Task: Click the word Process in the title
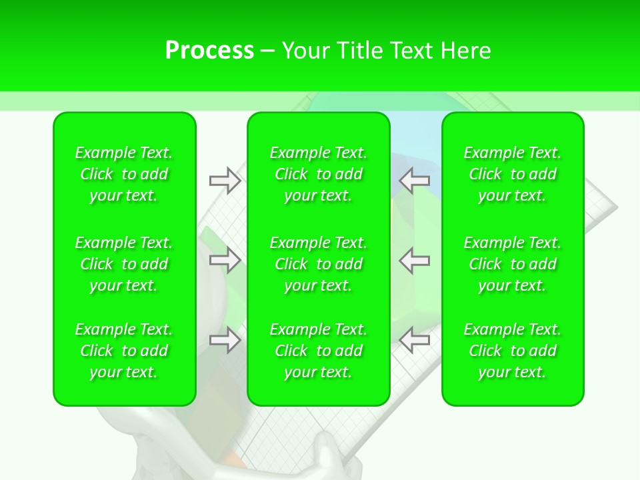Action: (209, 51)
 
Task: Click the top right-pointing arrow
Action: (225, 181)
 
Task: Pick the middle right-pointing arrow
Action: (225, 260)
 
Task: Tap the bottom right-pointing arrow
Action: (225, 340)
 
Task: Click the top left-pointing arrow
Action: (415, 181)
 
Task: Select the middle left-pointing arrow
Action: (415, 260)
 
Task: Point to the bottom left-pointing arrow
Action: (415, 340)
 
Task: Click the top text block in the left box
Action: (124, 174)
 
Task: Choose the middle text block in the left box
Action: (124, 264)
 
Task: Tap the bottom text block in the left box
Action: (124, 351)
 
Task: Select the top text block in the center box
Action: (319, 174)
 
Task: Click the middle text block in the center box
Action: (319, 264)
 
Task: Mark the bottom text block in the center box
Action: (319, 351)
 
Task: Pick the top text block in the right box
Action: (513, 174)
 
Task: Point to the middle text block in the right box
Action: (513, 264)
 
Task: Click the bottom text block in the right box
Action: (513, 351)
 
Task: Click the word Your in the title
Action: (305, 51)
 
